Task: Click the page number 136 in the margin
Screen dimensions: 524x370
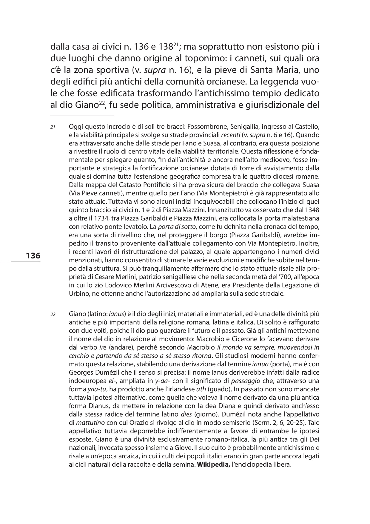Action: [x=33, y=256]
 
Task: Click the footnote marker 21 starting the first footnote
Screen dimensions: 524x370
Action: [x=53, y=127]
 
